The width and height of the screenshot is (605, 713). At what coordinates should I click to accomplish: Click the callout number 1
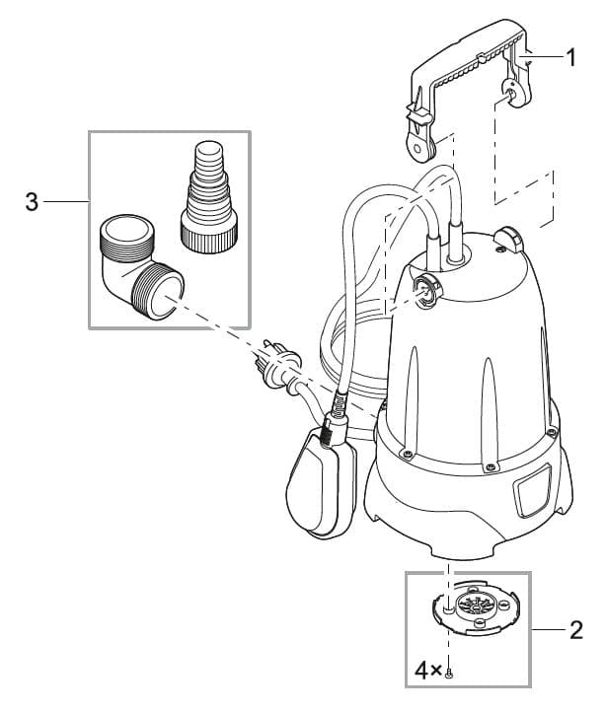click(x=569, y=57)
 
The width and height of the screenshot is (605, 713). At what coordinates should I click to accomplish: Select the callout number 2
click(x=575, y=629)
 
